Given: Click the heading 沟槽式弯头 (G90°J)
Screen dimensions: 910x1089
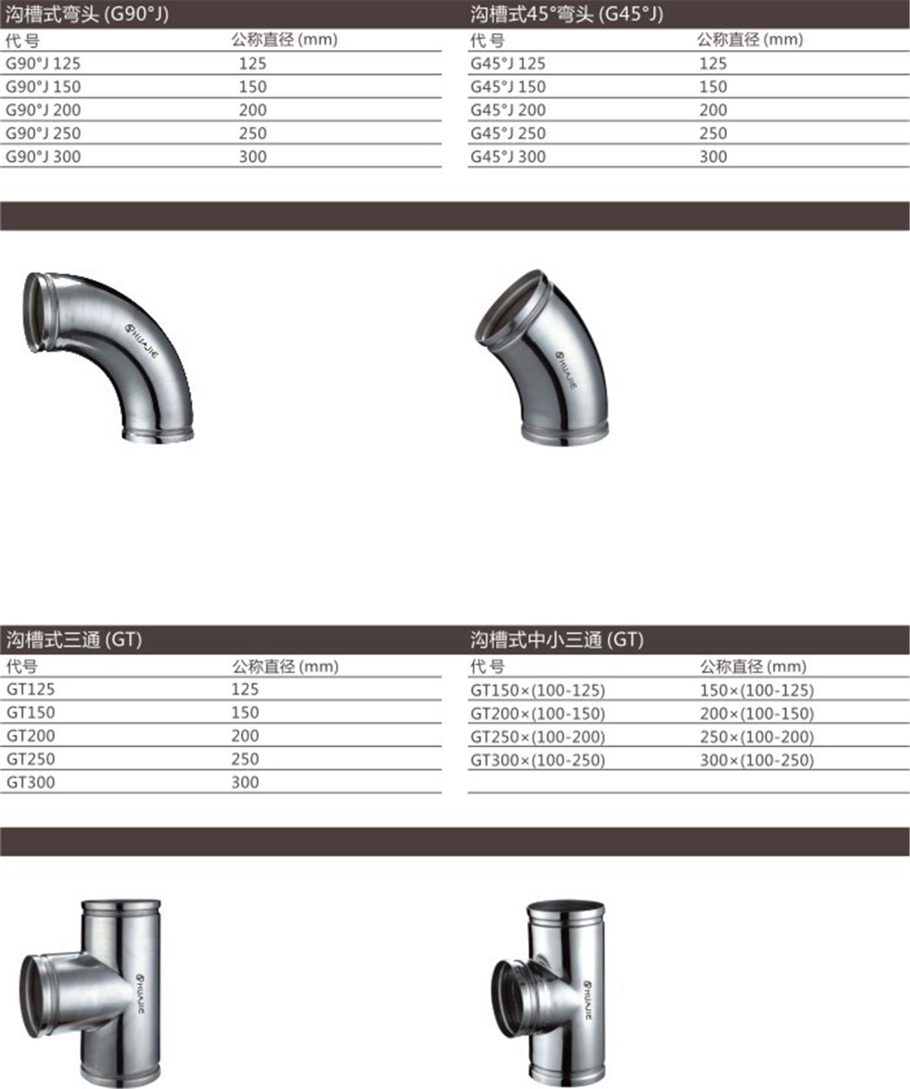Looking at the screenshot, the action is click(87, 14).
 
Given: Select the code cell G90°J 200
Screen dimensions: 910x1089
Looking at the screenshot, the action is click(43, 110).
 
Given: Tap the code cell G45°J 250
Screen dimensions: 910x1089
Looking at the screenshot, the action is click(508, 133).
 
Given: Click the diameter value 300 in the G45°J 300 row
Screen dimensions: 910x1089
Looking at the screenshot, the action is click(713, 156).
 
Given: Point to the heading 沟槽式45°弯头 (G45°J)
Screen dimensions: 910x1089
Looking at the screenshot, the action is click(567, 14).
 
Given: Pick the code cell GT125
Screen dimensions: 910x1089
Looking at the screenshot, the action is click(31, 689).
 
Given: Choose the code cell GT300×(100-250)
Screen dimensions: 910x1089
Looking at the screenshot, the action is click(538, 760).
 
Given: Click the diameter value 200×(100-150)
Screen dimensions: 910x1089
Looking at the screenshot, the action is click(757, 714).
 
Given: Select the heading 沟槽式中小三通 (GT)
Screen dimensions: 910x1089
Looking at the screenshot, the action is click(557, 639).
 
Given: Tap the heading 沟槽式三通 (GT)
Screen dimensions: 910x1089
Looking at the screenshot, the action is click(74, 639).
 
